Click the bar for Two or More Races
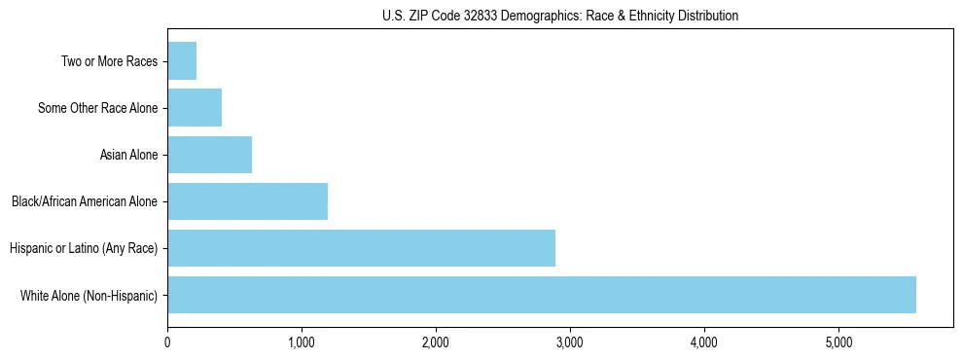pyautogui.click(x=182, y=61)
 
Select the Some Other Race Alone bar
pyautogui.click(x=195, y=108)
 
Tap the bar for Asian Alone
pyautogui.click(x=209, y=155)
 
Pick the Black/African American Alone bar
pyautogui.click(x=247, y=201)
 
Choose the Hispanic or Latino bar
pyautogui.click(x=361, y=248)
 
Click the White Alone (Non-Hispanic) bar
pyautogui.click(x=542, y=295)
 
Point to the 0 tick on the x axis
pyautogui.click(x=167, y=342)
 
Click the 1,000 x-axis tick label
pyautogui.click(x=302, y=342)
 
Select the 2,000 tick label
pyautogui.click(x=436, y=342)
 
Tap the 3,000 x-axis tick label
pyautogui.click(x=570, y=342)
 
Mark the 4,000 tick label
pyautogui.click(x=704, y=342)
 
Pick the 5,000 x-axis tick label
pyautogui.click(x=838, y=342)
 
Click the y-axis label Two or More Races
pyautogui.click(x=109, y=61)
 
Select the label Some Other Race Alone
pyautogui.click(x=97, y=108)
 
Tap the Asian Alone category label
pyautogui.click(x=128, y=155)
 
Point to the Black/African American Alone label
pyautogui.click(x=85, y=201)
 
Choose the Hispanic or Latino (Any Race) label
pyautogui.click(x=84, y=248)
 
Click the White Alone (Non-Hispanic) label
pyautogui.click(x=89, y=295)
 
